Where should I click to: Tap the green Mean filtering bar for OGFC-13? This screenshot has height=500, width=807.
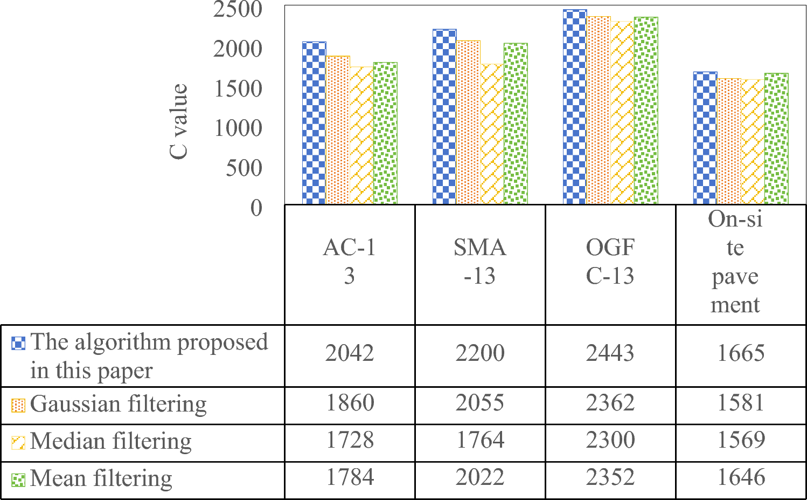[x=646, y=111]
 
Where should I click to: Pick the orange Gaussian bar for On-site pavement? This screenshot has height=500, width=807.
[x=729, y=141]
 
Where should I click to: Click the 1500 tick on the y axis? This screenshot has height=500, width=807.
[x=238, y=89]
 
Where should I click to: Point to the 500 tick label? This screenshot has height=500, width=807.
[x=244, y=168]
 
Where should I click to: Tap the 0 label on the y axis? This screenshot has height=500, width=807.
[x=256, y=208]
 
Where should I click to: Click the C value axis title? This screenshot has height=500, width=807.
[x=179, y=121]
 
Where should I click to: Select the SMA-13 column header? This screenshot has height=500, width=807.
[x=479, y=262]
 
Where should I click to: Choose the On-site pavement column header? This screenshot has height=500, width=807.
[x=735, y=262]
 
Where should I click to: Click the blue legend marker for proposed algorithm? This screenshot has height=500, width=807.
[x=18, y=343]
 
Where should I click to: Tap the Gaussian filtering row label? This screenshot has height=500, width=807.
[x=119, y=404]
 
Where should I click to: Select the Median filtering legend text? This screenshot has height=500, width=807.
[x=111, y=441]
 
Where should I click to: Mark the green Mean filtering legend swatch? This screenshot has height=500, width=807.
[x=18, y=480]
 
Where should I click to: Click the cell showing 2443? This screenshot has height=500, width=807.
[x=610, y=353]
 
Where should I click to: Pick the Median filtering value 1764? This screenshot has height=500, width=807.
[x=479, y=440]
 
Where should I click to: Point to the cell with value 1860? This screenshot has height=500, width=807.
[x=350, y=403]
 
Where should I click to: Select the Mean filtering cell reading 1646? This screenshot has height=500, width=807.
[x=741, y=477]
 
